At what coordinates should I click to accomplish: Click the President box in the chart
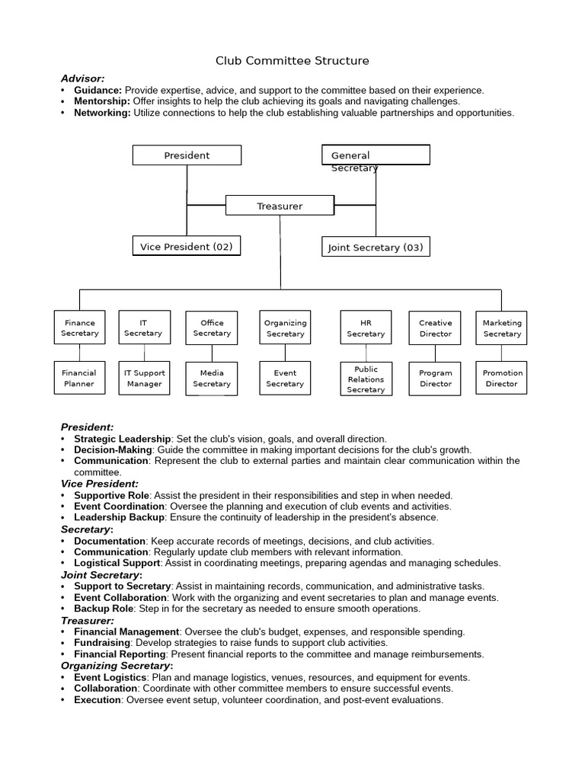[187, 155]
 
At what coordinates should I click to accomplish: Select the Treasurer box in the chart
[280, 206]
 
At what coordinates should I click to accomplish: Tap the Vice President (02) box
[187, 247]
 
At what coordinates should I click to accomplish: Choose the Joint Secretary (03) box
[376, 247]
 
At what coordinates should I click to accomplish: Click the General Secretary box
[376, 155]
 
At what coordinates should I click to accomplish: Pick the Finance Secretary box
[80, 328]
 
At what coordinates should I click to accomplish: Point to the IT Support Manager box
[145, 379]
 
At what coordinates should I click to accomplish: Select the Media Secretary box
[212, 379]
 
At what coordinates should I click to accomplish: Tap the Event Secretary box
[285, 379]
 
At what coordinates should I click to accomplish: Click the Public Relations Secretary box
[366, 379]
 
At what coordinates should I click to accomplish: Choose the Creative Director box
[436, 328]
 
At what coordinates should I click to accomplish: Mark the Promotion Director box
[501, 379]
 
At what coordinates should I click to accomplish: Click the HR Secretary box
[366, 328]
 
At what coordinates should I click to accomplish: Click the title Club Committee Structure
[292, 60]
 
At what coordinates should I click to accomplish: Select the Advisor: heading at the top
[83, 78]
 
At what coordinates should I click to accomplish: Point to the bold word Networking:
[102, 113]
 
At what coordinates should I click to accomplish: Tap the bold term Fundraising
[100, 643]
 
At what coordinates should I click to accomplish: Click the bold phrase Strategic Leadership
[123, 439]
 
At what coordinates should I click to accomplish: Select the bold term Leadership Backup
[119, 517]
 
